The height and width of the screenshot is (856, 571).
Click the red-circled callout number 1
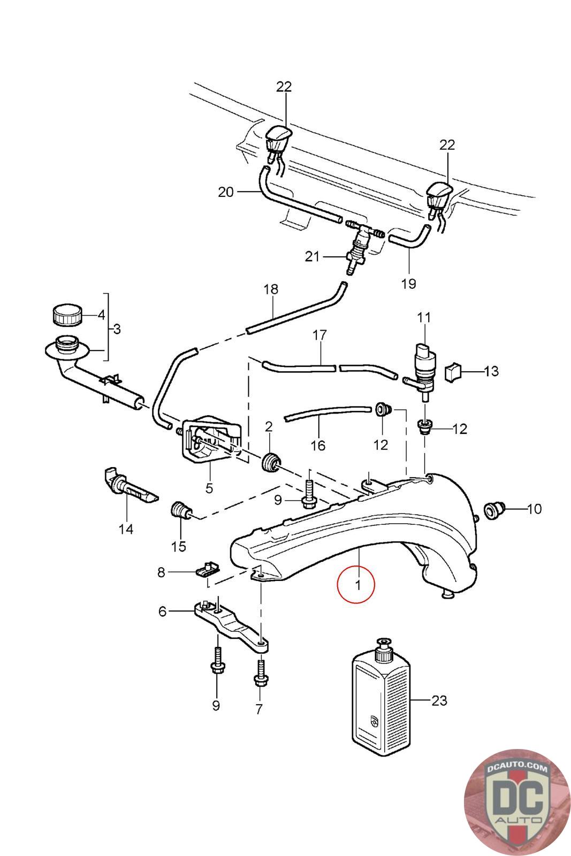pos(357,584)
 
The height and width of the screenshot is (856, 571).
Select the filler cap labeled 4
pos(67,315)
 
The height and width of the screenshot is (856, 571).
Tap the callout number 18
pos(271,289)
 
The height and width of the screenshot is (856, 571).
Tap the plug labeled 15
pos(180,510)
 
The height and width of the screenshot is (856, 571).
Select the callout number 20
pos(225,192)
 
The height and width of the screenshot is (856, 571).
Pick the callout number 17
pos(320,335)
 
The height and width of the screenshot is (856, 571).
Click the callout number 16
pos(318,446)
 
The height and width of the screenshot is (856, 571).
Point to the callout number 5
pos(209,488)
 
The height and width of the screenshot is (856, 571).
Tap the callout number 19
pos(408,284)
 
